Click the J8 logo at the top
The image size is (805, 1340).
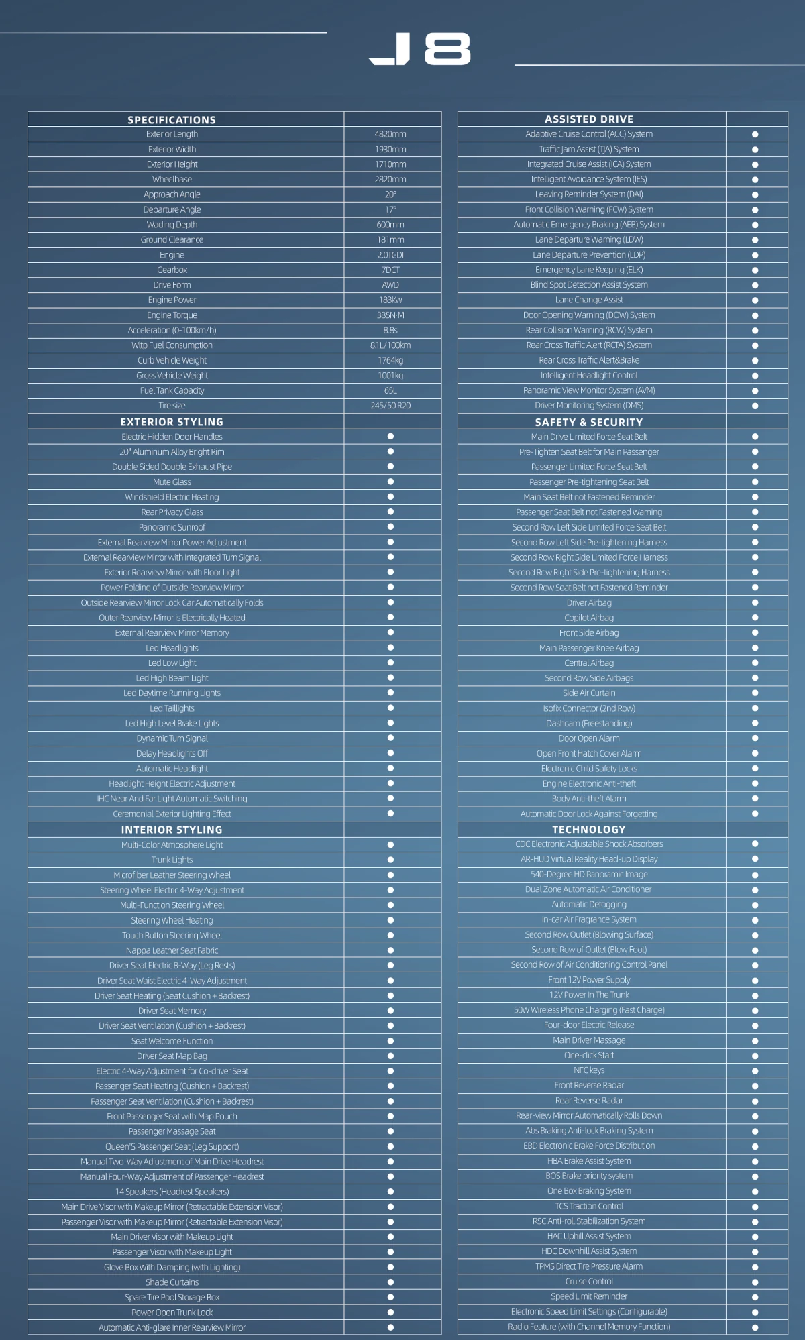(x=420, y=50)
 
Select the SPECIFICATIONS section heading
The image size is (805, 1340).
(x=172, y=120)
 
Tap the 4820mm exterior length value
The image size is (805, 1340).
(x=390, y=134)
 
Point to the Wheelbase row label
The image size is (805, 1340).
(x=172, y=180)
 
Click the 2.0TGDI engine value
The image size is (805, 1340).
(x=390, y=255)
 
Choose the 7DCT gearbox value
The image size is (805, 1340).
(x=390, y=270)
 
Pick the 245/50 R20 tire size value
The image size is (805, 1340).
(x=390, y=406)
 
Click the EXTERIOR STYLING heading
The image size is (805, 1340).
(x=172, y=422)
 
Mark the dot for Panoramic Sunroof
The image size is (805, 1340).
(x=390, y=527)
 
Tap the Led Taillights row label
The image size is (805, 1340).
(x=172, y=708)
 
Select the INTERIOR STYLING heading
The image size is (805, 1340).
(x=172, y=830)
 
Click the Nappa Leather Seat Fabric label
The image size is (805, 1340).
(x=172, y=950)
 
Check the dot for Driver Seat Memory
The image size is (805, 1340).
(x=390, y=1011)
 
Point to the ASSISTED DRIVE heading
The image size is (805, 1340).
(x=589, y=119)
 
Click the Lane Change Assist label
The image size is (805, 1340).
(x=589, y=300)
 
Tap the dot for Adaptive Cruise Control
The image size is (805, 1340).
(x=755, y=134)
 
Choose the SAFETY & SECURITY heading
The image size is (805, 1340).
(x=589, y=423)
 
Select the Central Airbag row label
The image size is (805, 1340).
(x=589, y=663)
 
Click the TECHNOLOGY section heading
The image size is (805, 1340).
(x=589, y=830)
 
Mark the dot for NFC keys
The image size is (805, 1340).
(x=755, y=1071)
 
